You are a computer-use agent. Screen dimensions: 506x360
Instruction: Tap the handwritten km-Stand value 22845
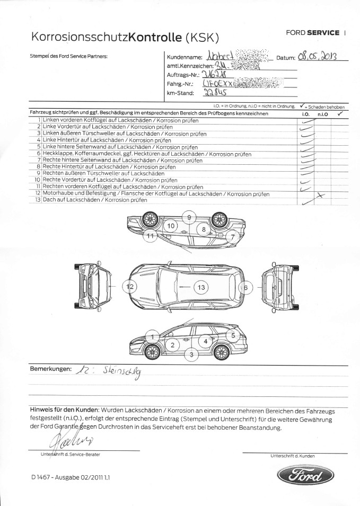(x=215, y=93)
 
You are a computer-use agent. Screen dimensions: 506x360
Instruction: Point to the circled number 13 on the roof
(x=201, y=288)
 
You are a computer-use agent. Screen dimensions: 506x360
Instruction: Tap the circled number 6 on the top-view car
(x=245, y=288)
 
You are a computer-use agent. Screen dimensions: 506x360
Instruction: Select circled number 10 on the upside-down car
(x=171, y=226)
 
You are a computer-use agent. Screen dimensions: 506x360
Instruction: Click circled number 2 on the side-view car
(x=172, y=345)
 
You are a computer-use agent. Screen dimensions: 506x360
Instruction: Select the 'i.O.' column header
(x=305, y=114)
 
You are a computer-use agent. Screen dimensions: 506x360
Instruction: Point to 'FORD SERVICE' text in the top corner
(x=313, y=33)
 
